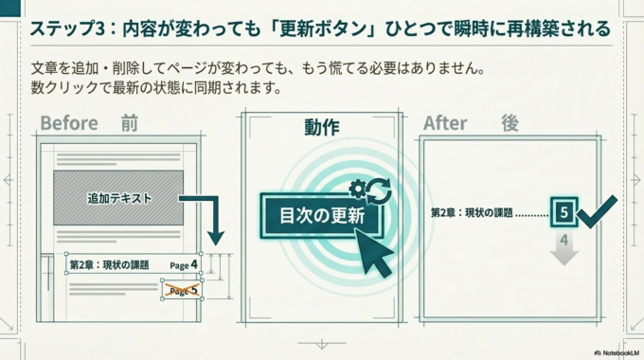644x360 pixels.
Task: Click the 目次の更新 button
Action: [x=322, y=215]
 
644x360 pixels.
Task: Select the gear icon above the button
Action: [x=357, y=188]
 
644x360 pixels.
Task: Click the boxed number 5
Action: [x=563, y=213]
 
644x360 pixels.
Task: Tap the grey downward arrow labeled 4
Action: [x=563, y=247]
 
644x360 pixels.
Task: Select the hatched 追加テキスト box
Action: [x=119, y=198]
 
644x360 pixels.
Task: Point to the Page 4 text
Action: [x=184, y=264]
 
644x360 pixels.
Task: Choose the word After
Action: [x=446, y=124]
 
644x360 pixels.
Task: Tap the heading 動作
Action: [x=322, y=127]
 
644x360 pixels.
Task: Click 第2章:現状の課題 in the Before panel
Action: [x=109, y=264]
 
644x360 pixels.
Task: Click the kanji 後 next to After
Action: [x=510, y=124]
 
